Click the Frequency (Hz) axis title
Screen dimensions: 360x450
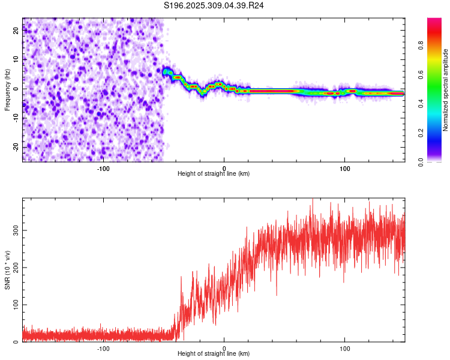click(7, 89)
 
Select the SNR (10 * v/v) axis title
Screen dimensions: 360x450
click(7, 270)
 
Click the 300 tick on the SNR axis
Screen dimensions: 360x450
click(14, 230)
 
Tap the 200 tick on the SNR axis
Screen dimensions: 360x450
click(14, 268)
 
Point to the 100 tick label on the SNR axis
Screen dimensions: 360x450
click(14, 305)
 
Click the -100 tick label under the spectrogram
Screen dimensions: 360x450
click(103, 168)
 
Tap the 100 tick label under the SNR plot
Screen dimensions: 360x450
click(345, 348)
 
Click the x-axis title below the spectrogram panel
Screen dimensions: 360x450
click(214, 174)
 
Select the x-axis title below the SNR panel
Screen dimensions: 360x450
click(214, 354)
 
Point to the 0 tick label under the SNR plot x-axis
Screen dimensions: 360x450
click(224, 348)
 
